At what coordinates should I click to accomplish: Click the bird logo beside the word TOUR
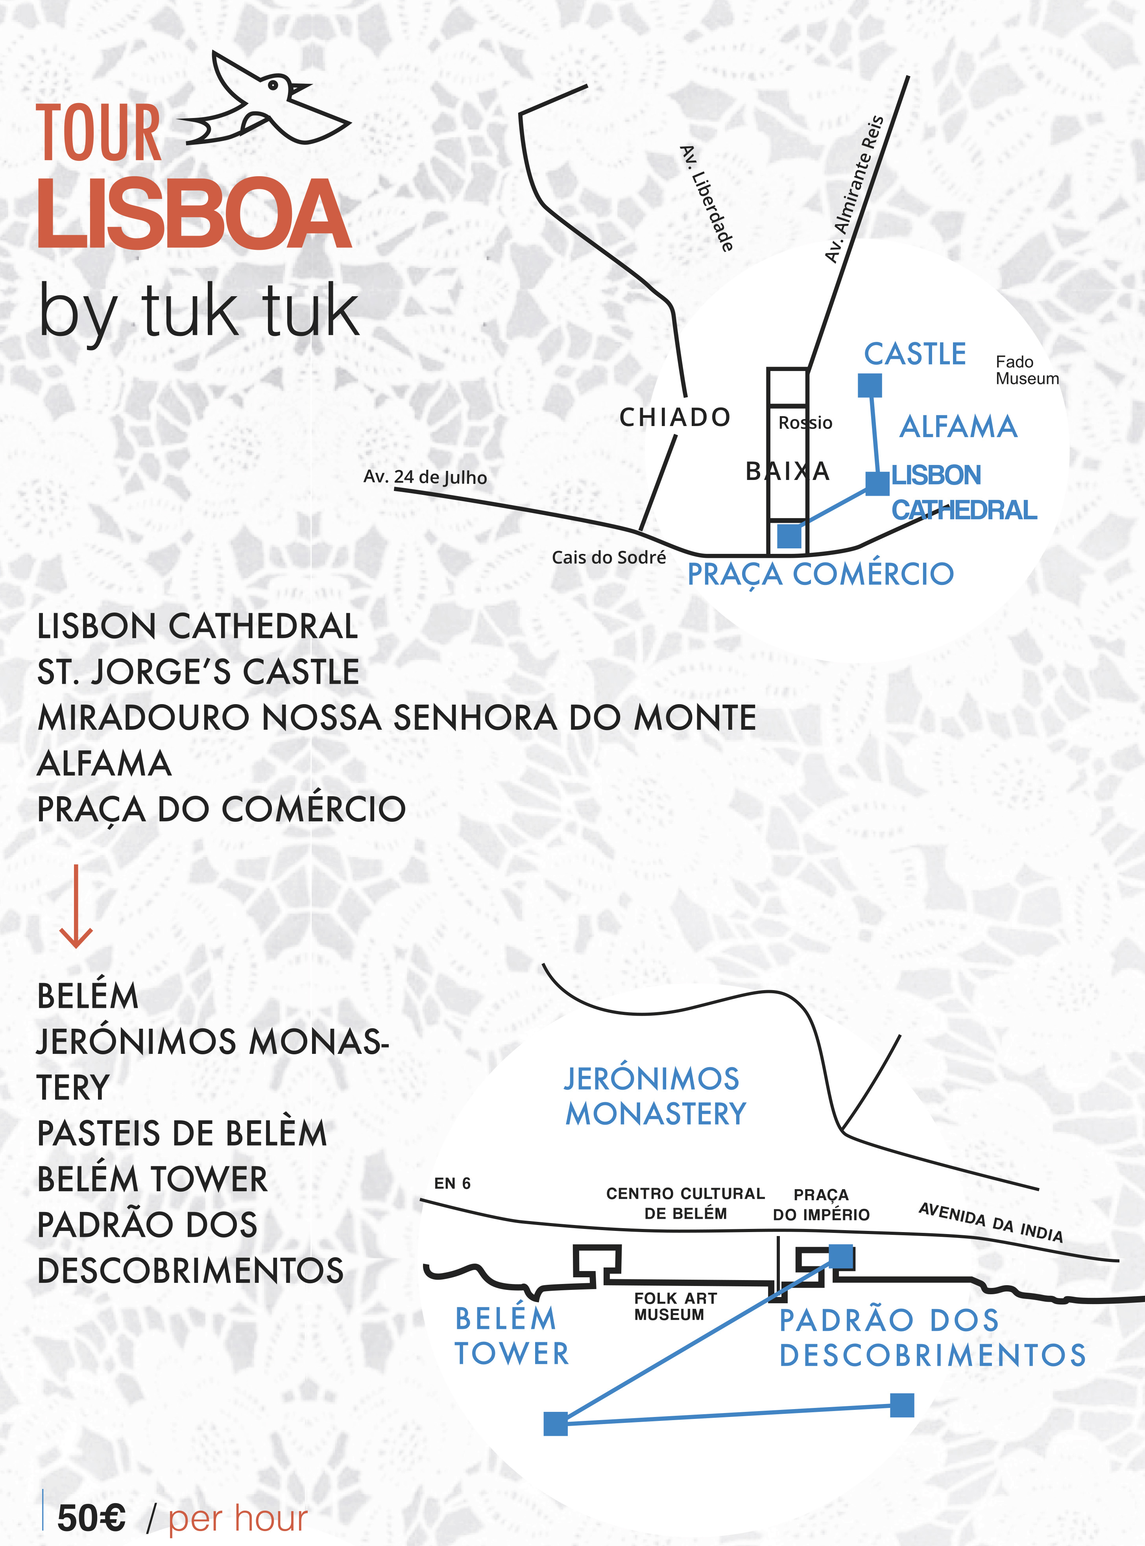point(267,100)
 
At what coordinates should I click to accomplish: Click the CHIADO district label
point(674,417)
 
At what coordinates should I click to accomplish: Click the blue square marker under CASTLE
point(870,385)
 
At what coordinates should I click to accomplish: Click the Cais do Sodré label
point(609,557)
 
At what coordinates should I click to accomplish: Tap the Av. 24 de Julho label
point(425,477)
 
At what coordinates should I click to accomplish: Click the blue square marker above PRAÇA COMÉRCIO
point(789,536)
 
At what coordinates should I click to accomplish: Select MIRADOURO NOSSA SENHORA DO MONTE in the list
point(397,718)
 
